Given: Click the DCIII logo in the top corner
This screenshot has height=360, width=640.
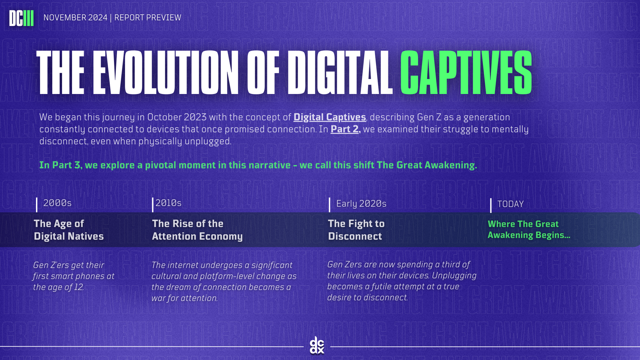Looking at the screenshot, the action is tap(21, 18).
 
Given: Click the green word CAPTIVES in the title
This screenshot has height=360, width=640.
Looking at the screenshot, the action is tap(466, 73).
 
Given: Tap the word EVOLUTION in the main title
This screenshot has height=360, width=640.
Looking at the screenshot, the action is tap(166, 73).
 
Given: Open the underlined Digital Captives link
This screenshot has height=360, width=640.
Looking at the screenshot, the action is tap(330, 117).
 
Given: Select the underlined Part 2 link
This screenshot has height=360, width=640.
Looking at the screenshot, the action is tap(345, 129).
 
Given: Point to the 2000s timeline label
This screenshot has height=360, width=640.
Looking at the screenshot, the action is tap(57, 203).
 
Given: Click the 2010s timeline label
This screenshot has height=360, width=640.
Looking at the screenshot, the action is tap(168, 203).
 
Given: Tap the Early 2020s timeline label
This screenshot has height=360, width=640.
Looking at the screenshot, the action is tap(361, 204).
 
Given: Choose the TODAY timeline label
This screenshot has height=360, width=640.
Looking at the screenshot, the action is tap(510, 204).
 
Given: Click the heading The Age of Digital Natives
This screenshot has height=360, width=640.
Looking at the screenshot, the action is tap(69, 230).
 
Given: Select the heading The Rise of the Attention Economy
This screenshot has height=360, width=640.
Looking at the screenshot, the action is tap(197, 230).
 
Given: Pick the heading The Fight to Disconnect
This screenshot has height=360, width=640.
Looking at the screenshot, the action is tap(356, 230).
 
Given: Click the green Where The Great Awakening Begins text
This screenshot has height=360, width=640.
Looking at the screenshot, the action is tap(529, 230).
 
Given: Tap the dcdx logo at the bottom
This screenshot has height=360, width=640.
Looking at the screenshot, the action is tap(317, 345).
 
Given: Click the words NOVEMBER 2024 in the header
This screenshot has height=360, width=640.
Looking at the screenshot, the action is tap(75, 18).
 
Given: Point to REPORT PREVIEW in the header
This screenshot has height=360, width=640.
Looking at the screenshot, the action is tap(148, 18).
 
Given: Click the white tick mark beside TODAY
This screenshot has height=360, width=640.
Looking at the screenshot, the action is tap(491, 206).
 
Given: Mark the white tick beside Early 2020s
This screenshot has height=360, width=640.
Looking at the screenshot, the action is tap(329, 205).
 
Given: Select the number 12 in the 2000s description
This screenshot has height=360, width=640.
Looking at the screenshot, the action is tap(79, 287).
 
